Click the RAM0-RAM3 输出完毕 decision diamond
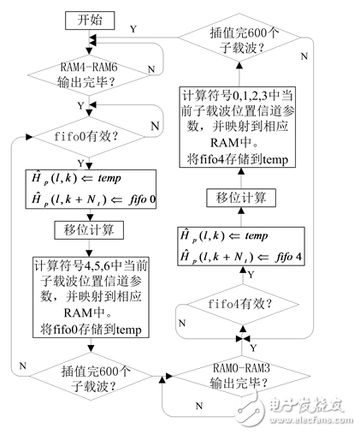[x=239, y=378]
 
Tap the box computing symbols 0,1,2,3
[x=239, y=125]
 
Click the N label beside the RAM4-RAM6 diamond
[x=151, y=67]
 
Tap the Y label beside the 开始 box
[x=133, y=28]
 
